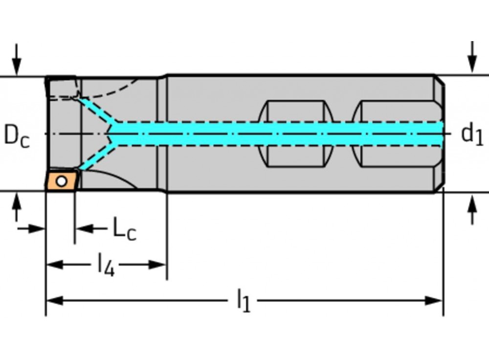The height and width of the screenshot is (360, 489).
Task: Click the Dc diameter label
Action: tap(17, 135)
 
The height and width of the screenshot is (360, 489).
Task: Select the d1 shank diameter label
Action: tap(472, 134)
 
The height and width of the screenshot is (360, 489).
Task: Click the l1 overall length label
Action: tap(243, 300)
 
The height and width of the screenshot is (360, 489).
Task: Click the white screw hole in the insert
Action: tap(61, 181)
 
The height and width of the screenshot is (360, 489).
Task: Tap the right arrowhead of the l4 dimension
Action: tap(158, 265)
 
